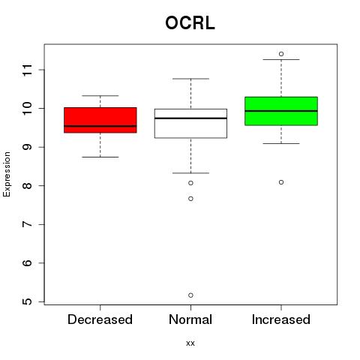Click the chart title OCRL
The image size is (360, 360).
pos(190,23)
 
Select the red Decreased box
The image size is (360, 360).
pos(100,120)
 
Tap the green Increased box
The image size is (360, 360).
pos(281,111)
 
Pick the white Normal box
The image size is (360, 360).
pos(190,124)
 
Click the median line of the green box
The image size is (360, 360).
pos(281,111)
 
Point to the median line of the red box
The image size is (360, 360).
pos(100,126)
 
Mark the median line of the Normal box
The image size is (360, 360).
pos(190,118)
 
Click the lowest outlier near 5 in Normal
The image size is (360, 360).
pos(190,295)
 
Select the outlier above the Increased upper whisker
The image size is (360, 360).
pos(281,54)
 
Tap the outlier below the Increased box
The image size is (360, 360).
pos(281,182)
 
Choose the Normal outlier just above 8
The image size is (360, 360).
pos(190,183)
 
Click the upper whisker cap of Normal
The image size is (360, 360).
pos(190,79)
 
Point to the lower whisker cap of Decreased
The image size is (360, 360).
pos(100,157)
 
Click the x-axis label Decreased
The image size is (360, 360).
pos(100,319)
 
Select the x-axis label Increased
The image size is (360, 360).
pos(281,319)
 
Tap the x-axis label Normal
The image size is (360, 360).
pos(190,319)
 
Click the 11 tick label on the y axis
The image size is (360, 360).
pos(28,70)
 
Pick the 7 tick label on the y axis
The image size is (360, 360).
pos(28,224)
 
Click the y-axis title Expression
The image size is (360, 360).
pos(7,174)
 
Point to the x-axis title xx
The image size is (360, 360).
pos(190,343)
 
